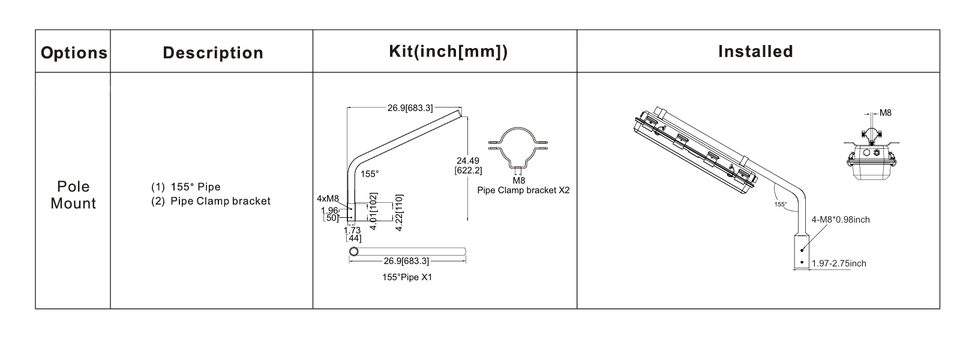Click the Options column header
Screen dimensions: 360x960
[74, 53]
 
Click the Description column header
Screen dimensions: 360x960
[213, 53]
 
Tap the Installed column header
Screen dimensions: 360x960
[755, 52]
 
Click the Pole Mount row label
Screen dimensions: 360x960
[73, 195]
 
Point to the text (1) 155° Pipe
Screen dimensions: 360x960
[185, 187]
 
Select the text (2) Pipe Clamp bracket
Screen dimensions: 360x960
[211, 201]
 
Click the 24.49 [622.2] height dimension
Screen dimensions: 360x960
[469, 165]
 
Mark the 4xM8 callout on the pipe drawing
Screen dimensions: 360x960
[328, 199]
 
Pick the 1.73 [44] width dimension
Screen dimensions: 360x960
[353, 234]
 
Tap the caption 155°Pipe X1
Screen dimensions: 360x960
[407, 278]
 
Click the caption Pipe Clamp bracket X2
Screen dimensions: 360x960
[523, 190]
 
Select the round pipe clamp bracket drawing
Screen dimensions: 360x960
[518, 149]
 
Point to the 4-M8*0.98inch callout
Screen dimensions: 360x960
[840, 220]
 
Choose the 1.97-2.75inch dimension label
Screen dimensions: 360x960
[838, 263]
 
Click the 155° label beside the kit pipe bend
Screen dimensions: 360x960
[370, 174]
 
